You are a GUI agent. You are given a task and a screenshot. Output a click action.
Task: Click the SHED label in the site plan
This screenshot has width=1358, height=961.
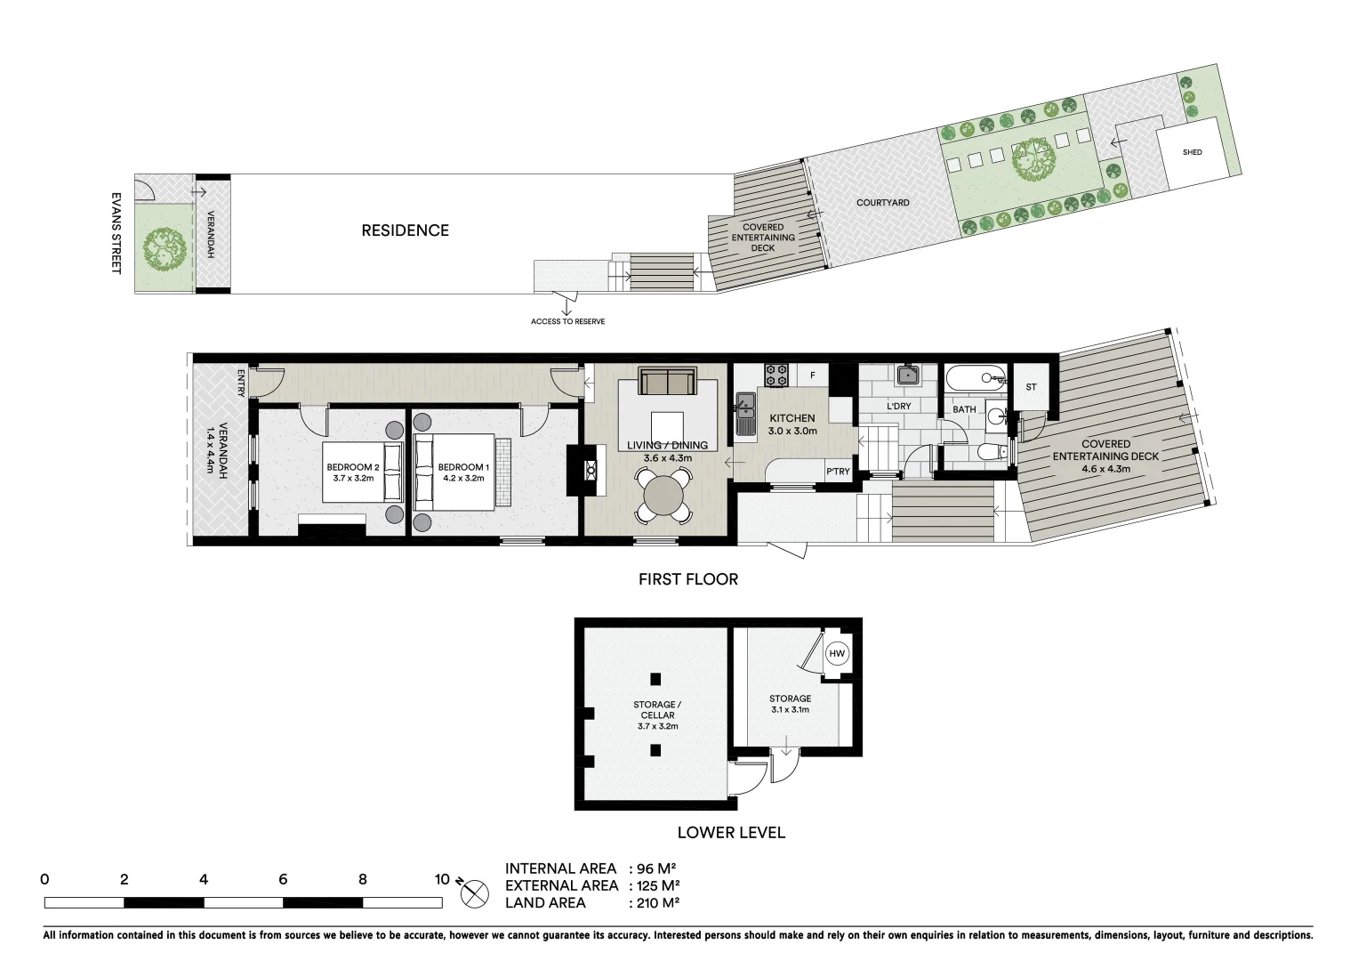coord(1192,152)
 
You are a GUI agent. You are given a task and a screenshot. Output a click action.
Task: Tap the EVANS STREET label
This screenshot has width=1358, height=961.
coord(116,233)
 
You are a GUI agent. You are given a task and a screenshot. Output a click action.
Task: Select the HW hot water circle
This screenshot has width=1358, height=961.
coord(836,654)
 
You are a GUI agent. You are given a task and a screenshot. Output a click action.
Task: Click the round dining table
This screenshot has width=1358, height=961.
coord(663,496)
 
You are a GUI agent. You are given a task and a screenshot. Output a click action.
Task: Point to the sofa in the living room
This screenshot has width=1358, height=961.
coord(668,382)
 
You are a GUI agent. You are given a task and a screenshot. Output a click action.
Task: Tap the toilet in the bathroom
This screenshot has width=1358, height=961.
coord(989,452)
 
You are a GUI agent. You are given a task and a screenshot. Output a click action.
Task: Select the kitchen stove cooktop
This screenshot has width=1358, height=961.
coord(776,375)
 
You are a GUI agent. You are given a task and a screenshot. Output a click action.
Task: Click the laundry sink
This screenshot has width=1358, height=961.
coord(906,375)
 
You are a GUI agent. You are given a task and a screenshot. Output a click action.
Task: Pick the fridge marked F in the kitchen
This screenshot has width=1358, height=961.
coord(812,376)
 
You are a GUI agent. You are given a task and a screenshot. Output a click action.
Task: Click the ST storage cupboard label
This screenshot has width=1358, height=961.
coord(1031,387)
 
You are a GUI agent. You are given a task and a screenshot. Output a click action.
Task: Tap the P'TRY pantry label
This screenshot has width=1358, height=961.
coord(838,472)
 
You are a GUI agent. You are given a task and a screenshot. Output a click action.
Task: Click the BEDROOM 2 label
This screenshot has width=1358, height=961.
coord(353,467)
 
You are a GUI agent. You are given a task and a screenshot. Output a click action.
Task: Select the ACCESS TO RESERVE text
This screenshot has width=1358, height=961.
coord(567,321)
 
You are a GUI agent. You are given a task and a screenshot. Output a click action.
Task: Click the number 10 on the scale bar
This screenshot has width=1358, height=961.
coord(441,879)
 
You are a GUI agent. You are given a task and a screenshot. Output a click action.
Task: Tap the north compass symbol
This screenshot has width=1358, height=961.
coord(475,892)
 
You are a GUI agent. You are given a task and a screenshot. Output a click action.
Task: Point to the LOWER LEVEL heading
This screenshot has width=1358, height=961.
coord(730,833)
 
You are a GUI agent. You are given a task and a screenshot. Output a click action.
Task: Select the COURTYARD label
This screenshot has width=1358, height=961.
coord(882,203)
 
